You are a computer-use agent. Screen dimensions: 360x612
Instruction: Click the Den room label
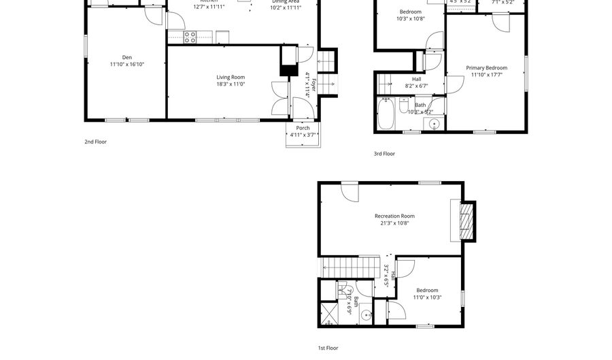pos(126,57)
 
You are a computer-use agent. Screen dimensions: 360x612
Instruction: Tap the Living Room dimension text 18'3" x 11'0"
pos(231,84)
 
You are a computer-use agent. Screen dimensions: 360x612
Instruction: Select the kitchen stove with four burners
pos(190,37)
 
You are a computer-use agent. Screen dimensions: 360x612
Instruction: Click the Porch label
pos(303,128)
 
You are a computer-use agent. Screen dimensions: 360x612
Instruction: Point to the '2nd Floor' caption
pos(95,142)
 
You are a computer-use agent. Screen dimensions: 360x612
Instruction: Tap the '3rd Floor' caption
pos(384,154)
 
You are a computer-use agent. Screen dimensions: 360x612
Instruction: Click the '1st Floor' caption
pos(328,348)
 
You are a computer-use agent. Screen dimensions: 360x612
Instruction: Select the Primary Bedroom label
pos(486,67)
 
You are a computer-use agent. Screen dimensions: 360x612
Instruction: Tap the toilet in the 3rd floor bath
pos(404,106)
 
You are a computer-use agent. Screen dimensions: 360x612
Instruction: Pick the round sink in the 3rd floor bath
pos(434,123)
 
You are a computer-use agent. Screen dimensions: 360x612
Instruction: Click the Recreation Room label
pos(394,216)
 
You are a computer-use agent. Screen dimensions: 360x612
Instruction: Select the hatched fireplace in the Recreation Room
pos(466,222)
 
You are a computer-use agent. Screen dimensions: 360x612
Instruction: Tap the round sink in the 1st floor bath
pos(366,315)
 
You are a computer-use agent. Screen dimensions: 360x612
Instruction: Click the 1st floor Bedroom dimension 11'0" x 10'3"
pos(428,297)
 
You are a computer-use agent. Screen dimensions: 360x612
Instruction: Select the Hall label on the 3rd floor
pos(416,79)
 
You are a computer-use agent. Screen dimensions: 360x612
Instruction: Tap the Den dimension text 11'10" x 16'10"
pos(126,64)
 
